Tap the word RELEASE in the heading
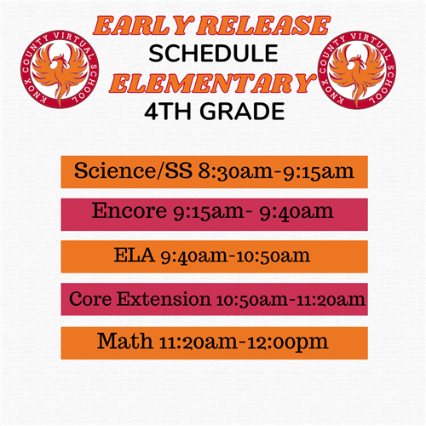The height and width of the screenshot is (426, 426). pos(264,26)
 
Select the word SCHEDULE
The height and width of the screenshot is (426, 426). pos(213,54)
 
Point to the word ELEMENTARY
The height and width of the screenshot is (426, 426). pos(213,83)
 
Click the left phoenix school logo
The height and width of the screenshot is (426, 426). pos(60,69)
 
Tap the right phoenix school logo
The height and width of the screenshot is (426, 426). pos(357,70)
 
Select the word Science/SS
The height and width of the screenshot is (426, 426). pos(133,170)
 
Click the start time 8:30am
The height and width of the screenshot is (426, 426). pos(235,171)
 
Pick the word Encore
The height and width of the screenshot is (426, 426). pos(130,210)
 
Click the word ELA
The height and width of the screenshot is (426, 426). pos(134,255)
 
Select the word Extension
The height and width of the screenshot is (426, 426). pos(164,299)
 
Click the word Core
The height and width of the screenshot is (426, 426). pos(90,299)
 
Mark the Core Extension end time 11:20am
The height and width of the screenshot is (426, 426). pos(331,300)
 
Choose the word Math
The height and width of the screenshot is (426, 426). pos(125,341)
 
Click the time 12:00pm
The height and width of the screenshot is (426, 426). pos(288,343)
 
